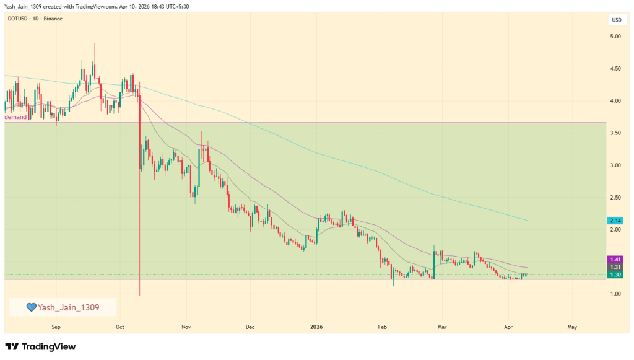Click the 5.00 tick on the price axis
tap(616, 37)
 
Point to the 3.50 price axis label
tap(616, 133)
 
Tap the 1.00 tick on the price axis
tap(616, 294)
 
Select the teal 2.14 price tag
tap(616, 221)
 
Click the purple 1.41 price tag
tap(616, 259)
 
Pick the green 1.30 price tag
tap(616, 274)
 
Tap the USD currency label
tap(617, 20)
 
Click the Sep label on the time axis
tap(56, 326)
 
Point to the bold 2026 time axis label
tap(316, 326)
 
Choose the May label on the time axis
tap(572, 326)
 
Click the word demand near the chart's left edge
tap(16, 117)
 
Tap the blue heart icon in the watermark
tap(31, 307)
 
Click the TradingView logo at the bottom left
tap(40, 346)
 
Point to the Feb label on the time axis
tap(382, 326)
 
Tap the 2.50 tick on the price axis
tap(616, 198)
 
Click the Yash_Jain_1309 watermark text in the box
tap(68, 307)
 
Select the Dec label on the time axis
tap(250, 326)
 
